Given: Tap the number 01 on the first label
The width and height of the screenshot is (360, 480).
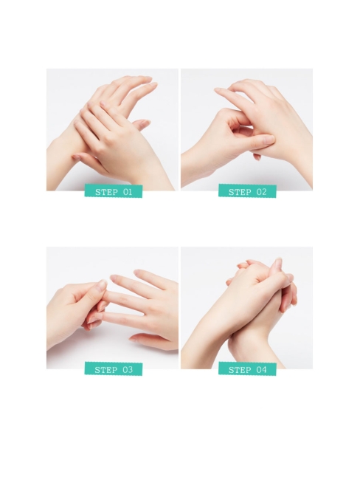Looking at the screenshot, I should tap(128, 192).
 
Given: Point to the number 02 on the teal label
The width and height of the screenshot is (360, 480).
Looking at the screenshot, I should tap(262, 192).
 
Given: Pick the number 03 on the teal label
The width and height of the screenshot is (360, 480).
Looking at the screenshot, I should tap(128, 370).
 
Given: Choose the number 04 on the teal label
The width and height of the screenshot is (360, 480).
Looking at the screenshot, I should tap(262, 370).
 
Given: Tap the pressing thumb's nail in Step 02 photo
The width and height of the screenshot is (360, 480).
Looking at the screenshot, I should tap(267, 140).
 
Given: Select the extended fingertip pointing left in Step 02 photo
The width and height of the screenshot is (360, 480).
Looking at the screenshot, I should tap(219, 91).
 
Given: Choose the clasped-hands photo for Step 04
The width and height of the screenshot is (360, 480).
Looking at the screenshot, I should tap(246, 306).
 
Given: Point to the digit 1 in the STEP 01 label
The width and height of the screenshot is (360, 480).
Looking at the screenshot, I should tap(131, 192).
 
